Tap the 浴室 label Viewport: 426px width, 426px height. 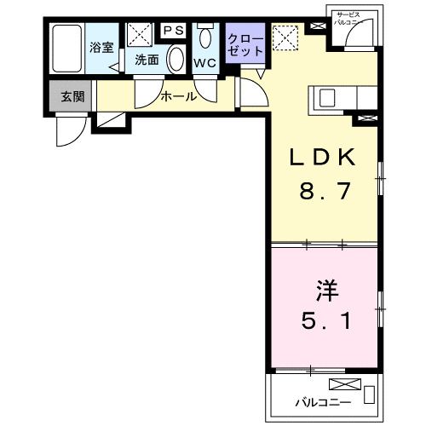tap(101, 47)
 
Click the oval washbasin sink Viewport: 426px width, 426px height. tap(175, 60)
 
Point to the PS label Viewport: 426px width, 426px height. tap(175, 31)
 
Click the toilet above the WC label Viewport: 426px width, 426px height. tap(205, 38)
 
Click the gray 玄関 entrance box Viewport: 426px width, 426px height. tap(72, 96)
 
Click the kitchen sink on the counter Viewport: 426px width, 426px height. tap(328, 97)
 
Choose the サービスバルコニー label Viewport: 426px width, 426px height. tap(349, 20)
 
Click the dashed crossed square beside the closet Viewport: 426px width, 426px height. tap(284, 36)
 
